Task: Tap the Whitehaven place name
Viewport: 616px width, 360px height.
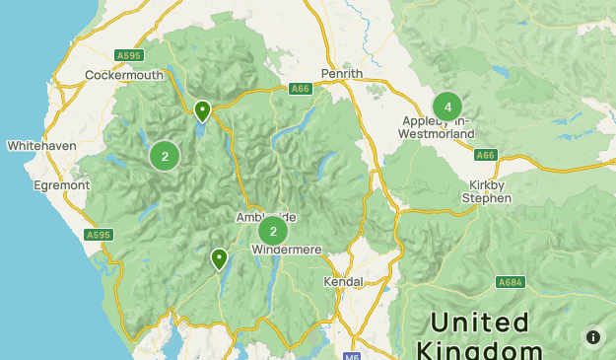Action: (x=41, y=145)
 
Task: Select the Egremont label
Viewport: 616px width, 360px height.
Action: (x=60, y=184)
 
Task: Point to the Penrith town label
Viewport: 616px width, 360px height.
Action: (x=342, y=74)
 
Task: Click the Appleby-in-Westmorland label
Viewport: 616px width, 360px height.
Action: (x=438, y=127)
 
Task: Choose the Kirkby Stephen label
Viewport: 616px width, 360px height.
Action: (x=487, y=191)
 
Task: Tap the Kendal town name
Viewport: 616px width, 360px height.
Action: (x=343, y=281)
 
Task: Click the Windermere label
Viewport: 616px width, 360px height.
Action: (x=287, y=251)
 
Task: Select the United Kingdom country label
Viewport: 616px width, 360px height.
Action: (x=479, y=336)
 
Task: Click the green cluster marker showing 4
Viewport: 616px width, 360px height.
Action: (x=447, y=107)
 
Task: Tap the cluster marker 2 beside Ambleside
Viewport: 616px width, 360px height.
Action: (x=273, y=232)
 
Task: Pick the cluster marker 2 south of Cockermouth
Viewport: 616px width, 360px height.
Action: (x=165, y=156)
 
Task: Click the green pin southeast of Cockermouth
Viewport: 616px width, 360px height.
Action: (x=202, y=109)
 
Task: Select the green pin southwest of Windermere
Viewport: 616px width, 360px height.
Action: (x=219, y=258)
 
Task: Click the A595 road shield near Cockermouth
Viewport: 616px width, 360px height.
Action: (x=128, y=55)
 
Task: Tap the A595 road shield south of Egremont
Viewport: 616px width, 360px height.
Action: (x=99, y=235)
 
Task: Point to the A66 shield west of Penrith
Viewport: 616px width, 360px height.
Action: (x=302, y=89)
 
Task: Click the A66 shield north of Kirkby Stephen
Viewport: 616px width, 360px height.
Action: (x=485, y=155)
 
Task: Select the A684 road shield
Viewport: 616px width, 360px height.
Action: (x=510, y=281)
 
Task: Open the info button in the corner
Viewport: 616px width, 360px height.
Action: (x=592, y=336)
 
